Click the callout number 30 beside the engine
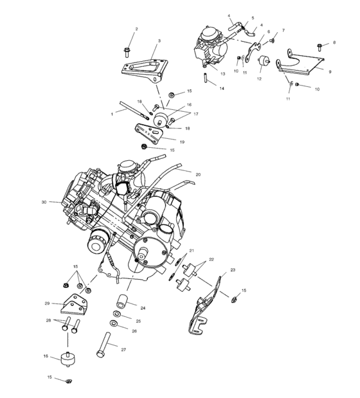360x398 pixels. [44, 202]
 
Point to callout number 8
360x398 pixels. [334, 42]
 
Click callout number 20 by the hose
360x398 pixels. [198, 174]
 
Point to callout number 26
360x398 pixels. [134, 331]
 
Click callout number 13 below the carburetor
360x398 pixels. [222, 74]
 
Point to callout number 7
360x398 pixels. [283, 30]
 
